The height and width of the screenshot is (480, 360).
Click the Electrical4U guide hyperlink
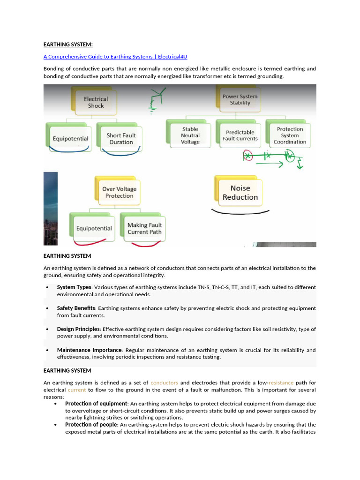115,57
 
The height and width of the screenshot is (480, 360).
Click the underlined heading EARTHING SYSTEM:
68,45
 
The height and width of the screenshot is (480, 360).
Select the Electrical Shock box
96,102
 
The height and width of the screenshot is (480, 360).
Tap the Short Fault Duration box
121,139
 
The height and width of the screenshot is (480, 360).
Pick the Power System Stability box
240,99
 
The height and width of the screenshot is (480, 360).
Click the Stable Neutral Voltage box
190,135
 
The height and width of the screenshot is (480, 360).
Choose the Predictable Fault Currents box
240,135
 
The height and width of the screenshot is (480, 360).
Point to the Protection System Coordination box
290,135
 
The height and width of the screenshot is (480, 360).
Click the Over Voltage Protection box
119,192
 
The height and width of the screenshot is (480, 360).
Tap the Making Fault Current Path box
144,228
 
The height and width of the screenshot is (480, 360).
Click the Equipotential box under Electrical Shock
70,139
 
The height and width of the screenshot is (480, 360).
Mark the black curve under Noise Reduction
240,213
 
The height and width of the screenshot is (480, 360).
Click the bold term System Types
74,287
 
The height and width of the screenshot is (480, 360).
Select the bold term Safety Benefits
76,308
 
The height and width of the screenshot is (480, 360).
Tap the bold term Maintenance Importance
89,350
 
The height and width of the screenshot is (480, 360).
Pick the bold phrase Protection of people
91,425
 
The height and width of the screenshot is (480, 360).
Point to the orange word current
77,390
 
